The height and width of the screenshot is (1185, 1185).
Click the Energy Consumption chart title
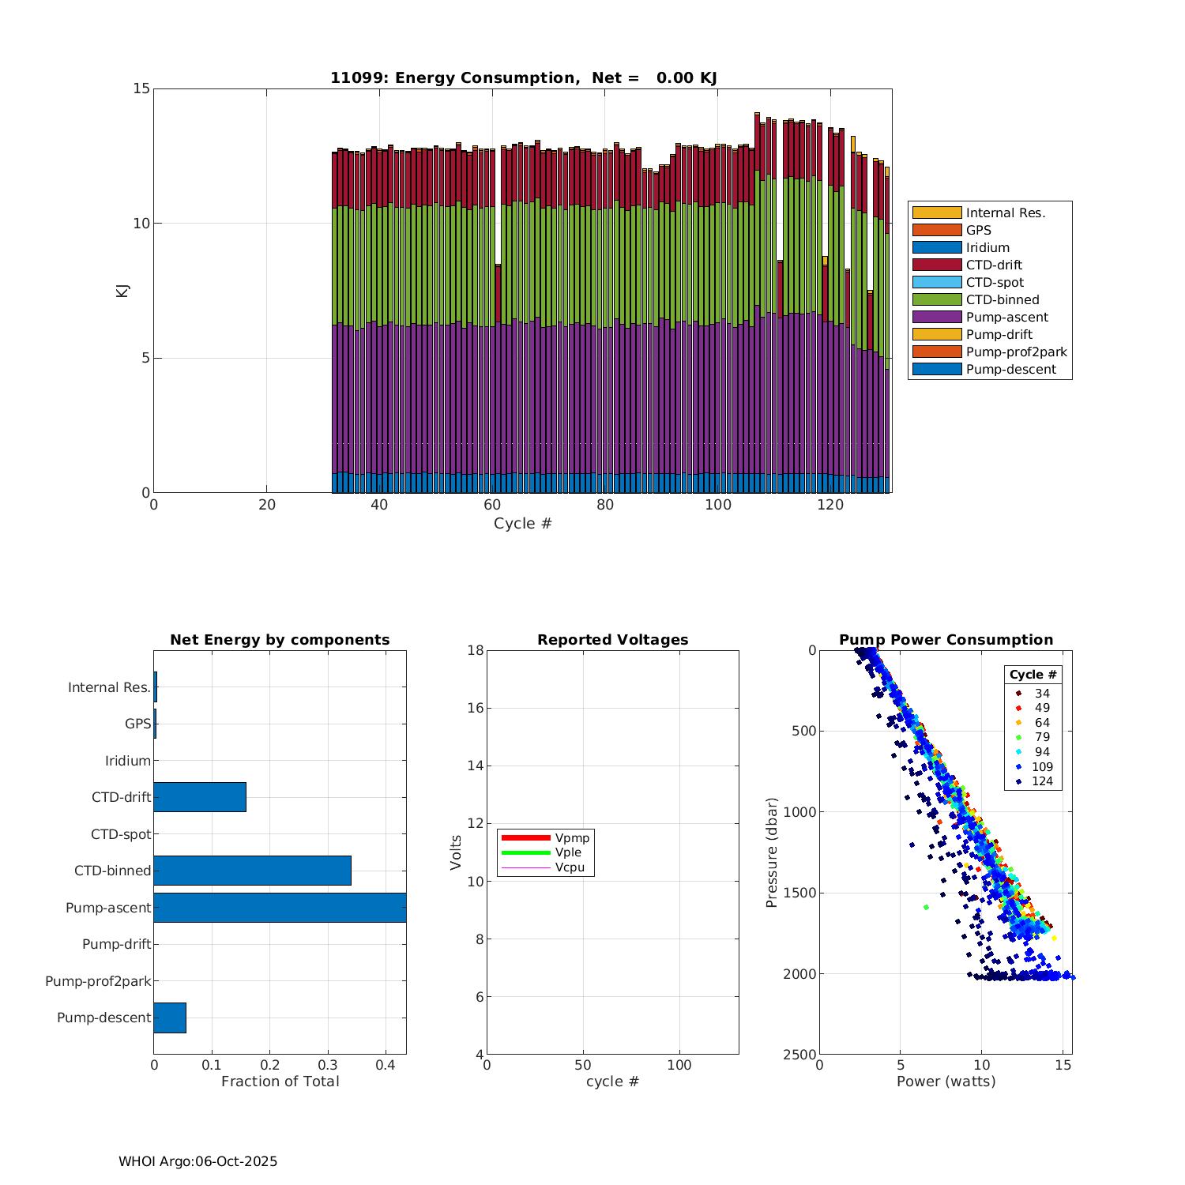tap(523, 77)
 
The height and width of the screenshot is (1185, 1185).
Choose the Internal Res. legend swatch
tap(937, 213)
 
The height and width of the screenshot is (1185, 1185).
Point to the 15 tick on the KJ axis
tap(141, 88)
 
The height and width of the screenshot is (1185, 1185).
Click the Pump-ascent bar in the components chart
tap(280, 908)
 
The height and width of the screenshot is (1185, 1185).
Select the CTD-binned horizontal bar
tap(252, 871)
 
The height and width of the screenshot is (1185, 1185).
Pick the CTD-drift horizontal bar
tap(200, 797)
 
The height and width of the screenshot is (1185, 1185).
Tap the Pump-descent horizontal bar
tap(170, 1018)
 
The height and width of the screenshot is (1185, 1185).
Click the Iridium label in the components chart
tap(128, 761)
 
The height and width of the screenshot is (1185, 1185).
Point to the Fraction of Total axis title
tap(280, 1082)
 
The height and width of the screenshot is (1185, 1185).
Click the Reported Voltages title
tap(612, 640)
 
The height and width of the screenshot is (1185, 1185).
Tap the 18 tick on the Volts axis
tap(475, 650)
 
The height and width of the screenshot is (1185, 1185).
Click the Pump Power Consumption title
tap(946, 640)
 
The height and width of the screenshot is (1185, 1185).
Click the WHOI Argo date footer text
tap(197, 1161)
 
